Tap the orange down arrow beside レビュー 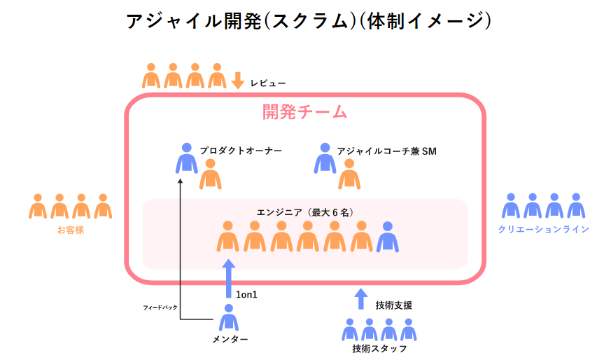point(238,80)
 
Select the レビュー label point(268,83)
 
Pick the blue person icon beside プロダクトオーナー point(186,158)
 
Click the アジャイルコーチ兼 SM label point(386,151)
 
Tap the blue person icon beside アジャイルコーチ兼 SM point(324,158)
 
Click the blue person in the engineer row point(388,237)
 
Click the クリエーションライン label point(543,229)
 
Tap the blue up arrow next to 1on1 point(228,278)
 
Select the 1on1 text point(247,295)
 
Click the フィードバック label point(160,307)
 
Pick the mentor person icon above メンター point(228,318)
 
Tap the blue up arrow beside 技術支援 point(360,299)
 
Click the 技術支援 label point(393,305)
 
